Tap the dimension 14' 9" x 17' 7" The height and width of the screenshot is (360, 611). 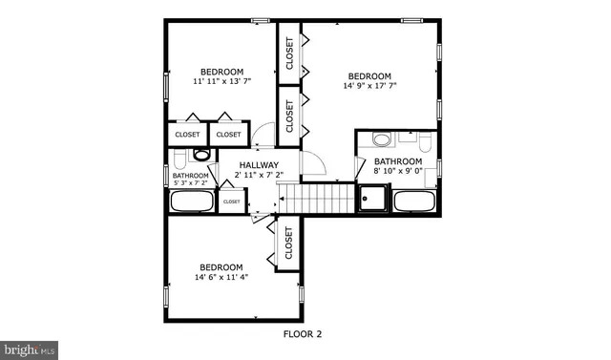pos(369,88)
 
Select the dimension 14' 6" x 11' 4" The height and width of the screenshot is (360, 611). pos(221,279)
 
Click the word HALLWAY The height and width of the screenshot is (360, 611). pos(259,165)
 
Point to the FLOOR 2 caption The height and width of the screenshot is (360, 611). pos(304,334)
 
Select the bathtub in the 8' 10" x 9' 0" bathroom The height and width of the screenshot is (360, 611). pos(414,201)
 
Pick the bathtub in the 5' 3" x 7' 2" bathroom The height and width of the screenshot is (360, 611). pos(192,201)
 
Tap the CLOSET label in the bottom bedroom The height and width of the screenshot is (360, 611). pos(288,244)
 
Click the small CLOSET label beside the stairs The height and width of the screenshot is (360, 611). pos(232,201)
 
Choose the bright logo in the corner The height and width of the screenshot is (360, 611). pos(30,349)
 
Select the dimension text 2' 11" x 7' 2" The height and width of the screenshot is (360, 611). pos(259,176)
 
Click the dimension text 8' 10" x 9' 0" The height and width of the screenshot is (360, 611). pos(398,173)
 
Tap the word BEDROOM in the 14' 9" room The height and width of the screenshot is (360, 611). pos(369,77)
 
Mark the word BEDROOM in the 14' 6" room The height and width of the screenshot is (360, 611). pos(221,267)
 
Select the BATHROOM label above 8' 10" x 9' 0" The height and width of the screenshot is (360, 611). pos(398,162)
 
